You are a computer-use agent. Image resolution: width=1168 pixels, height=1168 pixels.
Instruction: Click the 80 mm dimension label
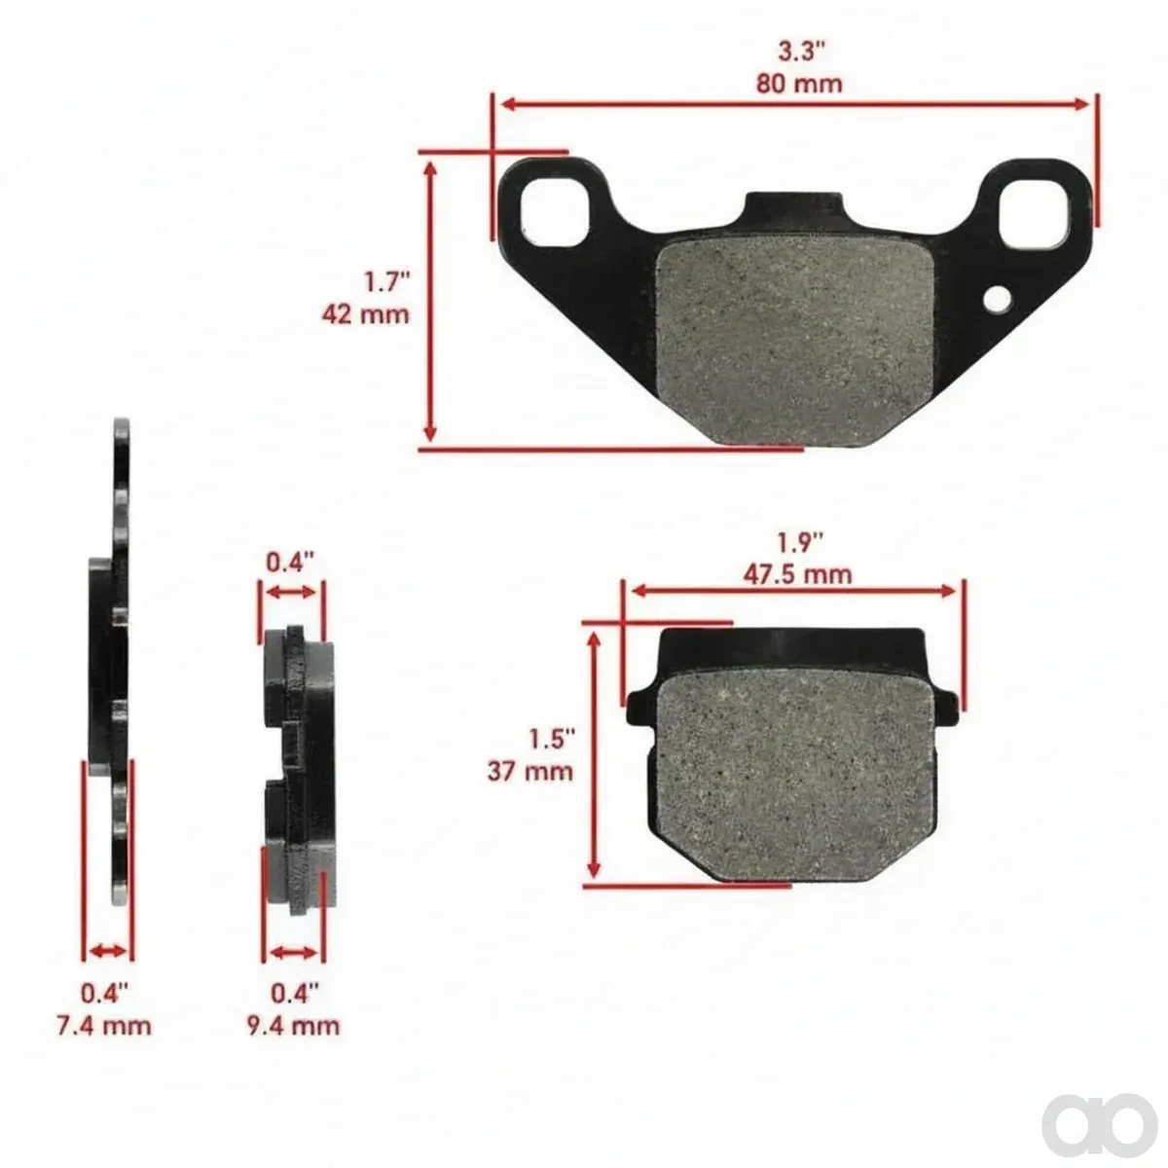799,84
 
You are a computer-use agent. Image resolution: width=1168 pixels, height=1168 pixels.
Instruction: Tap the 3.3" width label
802,52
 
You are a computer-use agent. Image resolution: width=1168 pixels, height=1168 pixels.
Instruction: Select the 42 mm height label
366,314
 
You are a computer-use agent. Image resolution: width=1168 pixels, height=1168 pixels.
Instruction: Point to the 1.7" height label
386,282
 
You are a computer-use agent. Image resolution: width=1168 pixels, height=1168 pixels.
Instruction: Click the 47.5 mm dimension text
798,573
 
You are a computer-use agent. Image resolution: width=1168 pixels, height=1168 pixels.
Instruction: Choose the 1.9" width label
801,542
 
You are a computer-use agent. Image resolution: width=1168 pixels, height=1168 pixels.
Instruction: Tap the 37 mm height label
530,772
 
